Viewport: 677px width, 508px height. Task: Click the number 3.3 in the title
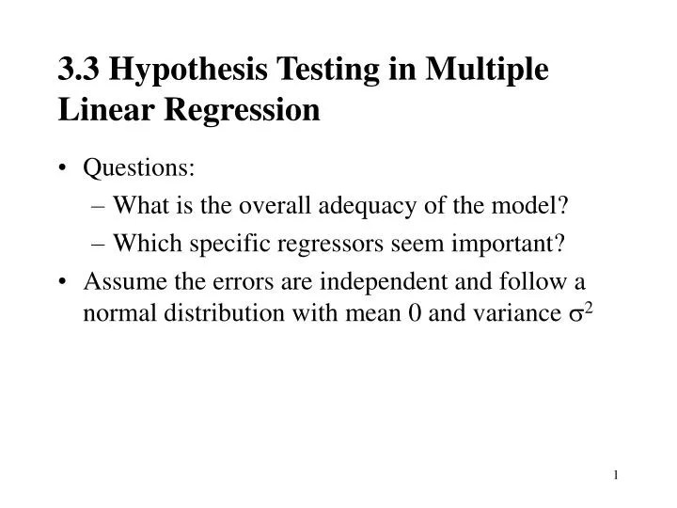76,70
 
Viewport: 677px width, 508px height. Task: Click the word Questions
139,168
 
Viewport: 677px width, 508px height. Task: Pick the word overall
293,206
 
